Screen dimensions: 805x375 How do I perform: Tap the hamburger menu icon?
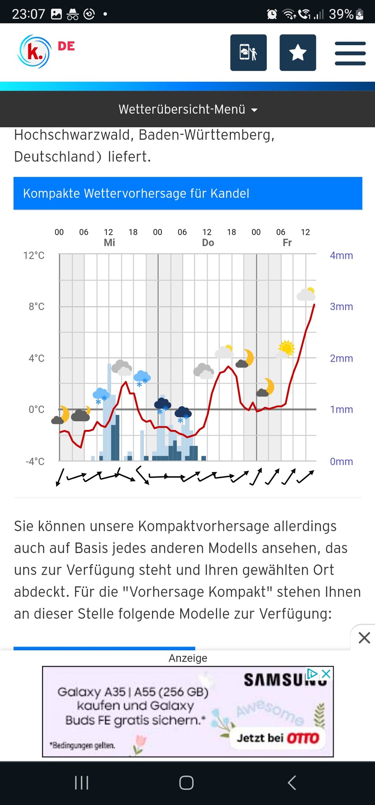(x=350, y=53)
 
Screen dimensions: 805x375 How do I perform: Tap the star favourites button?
(x=298, y=53)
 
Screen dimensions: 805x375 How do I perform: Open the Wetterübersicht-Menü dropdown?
(x=188, y=109)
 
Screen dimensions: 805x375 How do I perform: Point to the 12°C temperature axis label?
(x=34, y=255)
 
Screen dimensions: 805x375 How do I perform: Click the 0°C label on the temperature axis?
(x=36, y=410)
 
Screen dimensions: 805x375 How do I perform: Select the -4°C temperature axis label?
(x=35, y=461)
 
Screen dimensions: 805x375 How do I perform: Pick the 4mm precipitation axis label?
(x=341, y=255)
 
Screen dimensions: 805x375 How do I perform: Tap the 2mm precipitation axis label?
(x=341, y=358)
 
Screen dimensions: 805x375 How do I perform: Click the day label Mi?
(x=109, y=243)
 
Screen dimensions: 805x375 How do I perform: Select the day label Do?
(x=208, y=243)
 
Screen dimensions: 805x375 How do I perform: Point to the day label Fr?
(x=287, y=243)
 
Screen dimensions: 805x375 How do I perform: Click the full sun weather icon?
(x=287, y=348)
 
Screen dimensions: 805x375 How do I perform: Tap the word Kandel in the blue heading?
(x=230, y=193)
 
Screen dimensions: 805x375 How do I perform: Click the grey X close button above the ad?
(x=364, y=638)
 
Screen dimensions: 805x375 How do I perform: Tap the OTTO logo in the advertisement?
(x=303, y=738)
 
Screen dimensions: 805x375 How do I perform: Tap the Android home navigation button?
(x=187, y=783)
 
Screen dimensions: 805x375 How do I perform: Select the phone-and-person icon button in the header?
(x=248, y=53)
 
